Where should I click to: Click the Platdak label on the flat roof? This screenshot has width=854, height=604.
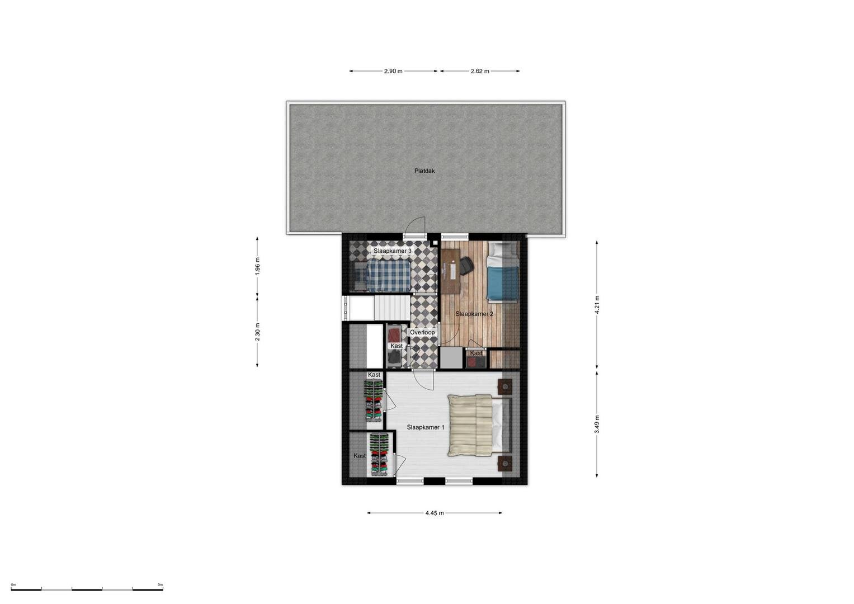[424, 171]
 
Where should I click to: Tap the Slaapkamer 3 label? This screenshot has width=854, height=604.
[392, 251]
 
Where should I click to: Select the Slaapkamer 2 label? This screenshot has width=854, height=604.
[474, 314]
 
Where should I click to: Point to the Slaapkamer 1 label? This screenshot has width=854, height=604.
[426, 427]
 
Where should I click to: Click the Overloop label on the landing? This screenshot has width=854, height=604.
[422, 333]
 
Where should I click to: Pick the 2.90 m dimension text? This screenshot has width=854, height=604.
[393, 72]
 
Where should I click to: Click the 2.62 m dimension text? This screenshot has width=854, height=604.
[480, 72]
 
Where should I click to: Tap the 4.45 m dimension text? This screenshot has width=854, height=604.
[435, 513]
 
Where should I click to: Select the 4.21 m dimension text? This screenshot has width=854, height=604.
[597, 305]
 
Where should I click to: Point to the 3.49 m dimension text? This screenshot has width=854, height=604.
[597, 424]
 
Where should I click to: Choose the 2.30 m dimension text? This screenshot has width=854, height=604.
[257, 332]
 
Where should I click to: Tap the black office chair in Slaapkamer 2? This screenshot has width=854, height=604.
[466, 266]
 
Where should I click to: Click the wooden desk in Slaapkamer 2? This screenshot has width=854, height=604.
[451, 271]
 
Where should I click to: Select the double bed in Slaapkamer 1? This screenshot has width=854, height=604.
[479, 426]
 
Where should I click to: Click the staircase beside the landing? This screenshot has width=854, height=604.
[391, 308]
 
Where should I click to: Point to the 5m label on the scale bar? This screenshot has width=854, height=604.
[161, 584]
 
